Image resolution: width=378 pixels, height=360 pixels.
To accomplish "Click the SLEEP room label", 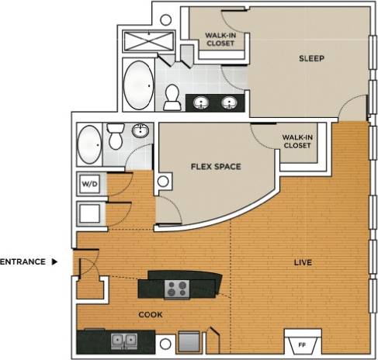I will point(310,59).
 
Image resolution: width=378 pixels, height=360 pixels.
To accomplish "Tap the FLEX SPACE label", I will point(216,167).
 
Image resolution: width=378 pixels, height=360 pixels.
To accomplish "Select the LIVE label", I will point(303,263).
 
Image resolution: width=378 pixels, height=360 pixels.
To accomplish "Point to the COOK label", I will point(150,315).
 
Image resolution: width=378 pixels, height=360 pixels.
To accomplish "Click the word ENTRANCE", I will point(22,262).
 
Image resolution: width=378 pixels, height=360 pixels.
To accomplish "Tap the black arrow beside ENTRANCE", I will point(54,262).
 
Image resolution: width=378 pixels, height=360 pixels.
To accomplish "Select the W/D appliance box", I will point(90,185).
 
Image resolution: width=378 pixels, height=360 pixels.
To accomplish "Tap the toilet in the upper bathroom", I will point(172,96).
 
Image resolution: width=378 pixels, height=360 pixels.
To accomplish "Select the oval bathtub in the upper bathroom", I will point(139,86).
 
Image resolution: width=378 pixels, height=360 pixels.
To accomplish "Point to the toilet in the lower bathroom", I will point(116,137).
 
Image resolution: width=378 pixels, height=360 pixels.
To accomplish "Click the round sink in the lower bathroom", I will point(140,131).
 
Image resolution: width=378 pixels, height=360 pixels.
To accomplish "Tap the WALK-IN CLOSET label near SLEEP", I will point(220,40).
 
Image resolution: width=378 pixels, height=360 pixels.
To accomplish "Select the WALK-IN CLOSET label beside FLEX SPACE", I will point(297,141).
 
